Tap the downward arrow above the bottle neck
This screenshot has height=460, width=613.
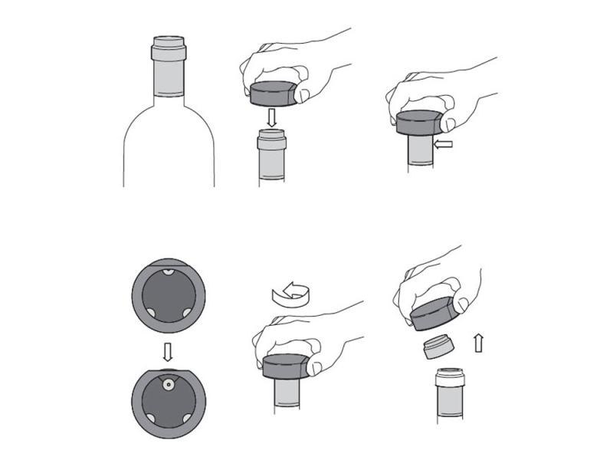click(272, 117)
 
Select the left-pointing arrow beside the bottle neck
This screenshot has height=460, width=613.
click(444, 143)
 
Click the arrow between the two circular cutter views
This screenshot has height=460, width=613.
click(169, 350)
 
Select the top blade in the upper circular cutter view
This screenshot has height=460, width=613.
click(169, 274)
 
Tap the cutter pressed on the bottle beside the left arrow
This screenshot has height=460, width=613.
click(418, 124)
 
